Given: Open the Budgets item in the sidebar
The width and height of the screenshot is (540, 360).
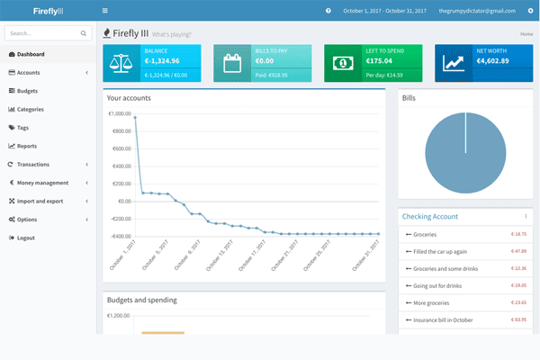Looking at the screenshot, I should click(x=27, y=91).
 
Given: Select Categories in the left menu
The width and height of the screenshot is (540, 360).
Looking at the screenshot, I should click(x=30, y=109).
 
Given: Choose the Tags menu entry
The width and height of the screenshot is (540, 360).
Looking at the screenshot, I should click(x=22, y=128).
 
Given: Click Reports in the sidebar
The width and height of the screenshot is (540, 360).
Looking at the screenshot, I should click(x=26, y=146).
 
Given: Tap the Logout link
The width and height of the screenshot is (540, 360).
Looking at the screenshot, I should click(x=25, y=238).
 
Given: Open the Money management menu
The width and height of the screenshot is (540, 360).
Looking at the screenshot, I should click(x=42, y=183).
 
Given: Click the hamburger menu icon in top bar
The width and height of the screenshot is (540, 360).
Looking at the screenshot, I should click(x=105, y=11).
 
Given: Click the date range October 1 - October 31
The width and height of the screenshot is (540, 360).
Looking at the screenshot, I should click(x=377, y=11).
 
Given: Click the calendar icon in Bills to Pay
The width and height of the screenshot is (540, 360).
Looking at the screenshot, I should click(x=232, y=63).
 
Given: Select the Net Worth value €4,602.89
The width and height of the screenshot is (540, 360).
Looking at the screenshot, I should click(x=492, y=61).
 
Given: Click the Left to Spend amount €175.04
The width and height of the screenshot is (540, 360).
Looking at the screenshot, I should click(x=379, y=61).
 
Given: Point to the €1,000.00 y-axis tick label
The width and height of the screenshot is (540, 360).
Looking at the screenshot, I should click(x=119, y=114).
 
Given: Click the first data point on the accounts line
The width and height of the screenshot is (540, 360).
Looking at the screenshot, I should click(x=135, y=117).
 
